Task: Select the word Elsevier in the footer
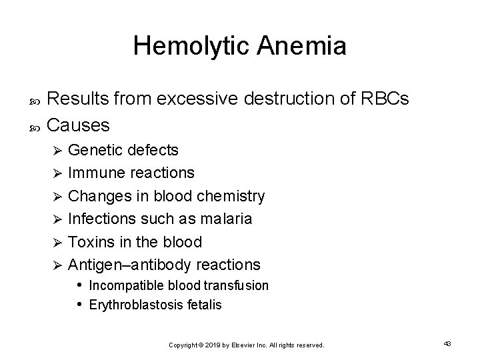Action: [245, 345]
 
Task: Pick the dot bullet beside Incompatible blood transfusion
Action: [79, 285]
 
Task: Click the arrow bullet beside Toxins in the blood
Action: [57, 242]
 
